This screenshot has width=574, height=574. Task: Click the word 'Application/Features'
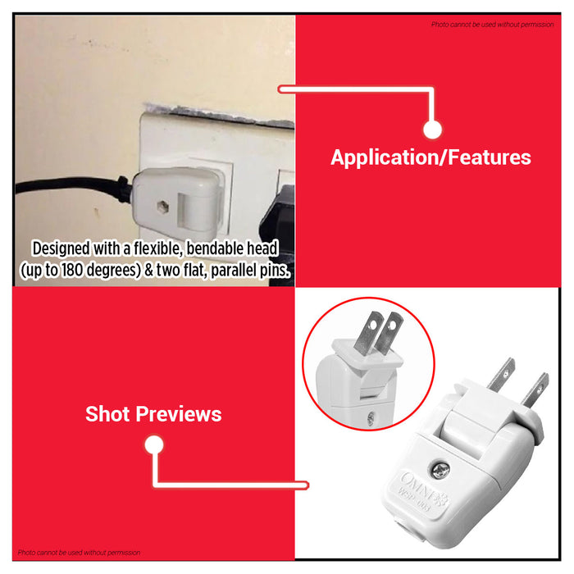[x=430, y=157]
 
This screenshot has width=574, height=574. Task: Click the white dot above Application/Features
[x=433, y=129]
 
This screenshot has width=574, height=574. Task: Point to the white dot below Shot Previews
[x=153, y=445]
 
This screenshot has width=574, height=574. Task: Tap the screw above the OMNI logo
[x=442, y=467]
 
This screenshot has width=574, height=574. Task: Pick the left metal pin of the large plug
[x=499, y=376]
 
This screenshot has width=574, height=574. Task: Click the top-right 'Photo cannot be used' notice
[x=492, y=25]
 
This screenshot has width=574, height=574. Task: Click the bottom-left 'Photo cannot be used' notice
[x=79, y=553]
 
